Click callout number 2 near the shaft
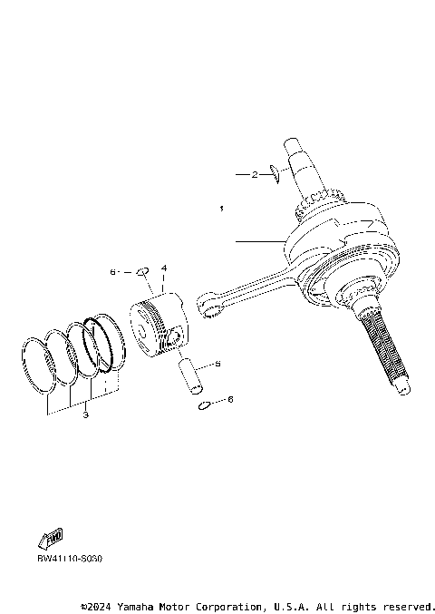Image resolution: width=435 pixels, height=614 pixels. tap(256, 173)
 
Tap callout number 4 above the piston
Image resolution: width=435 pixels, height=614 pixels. tap(164, 269)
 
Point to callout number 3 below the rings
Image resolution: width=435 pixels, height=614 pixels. tap(84, 416)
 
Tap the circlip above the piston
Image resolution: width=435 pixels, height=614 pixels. tap(141, 270)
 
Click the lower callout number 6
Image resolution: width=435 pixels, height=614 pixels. tap(230, 399)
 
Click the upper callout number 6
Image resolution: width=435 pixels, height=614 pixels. tap(113, 271)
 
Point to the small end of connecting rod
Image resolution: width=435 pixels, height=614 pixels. tap(210, 304)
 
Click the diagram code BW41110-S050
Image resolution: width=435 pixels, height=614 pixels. tap(70, 559)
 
